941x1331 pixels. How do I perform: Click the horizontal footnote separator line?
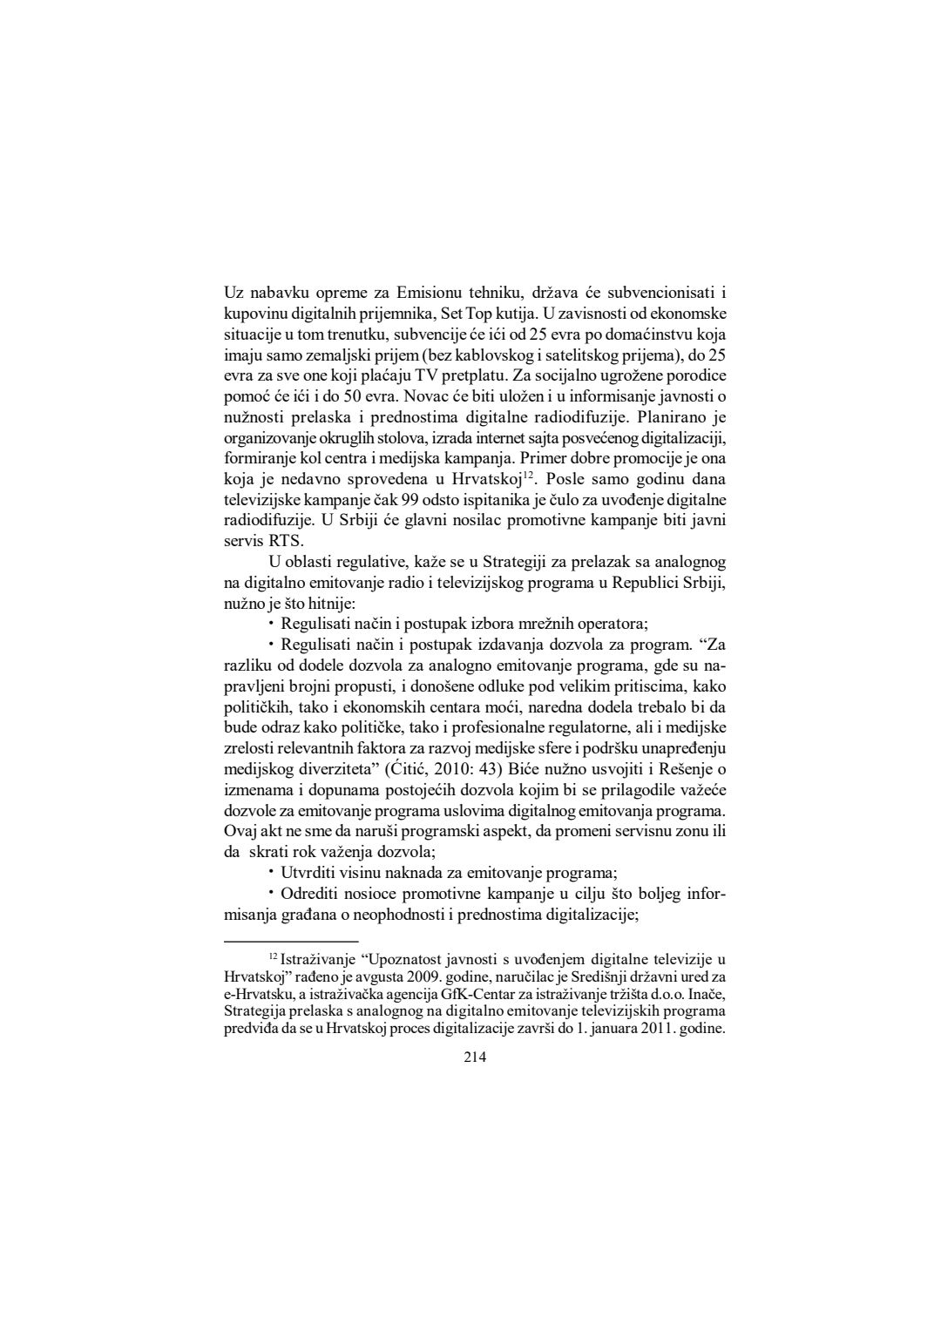[291, 941]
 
